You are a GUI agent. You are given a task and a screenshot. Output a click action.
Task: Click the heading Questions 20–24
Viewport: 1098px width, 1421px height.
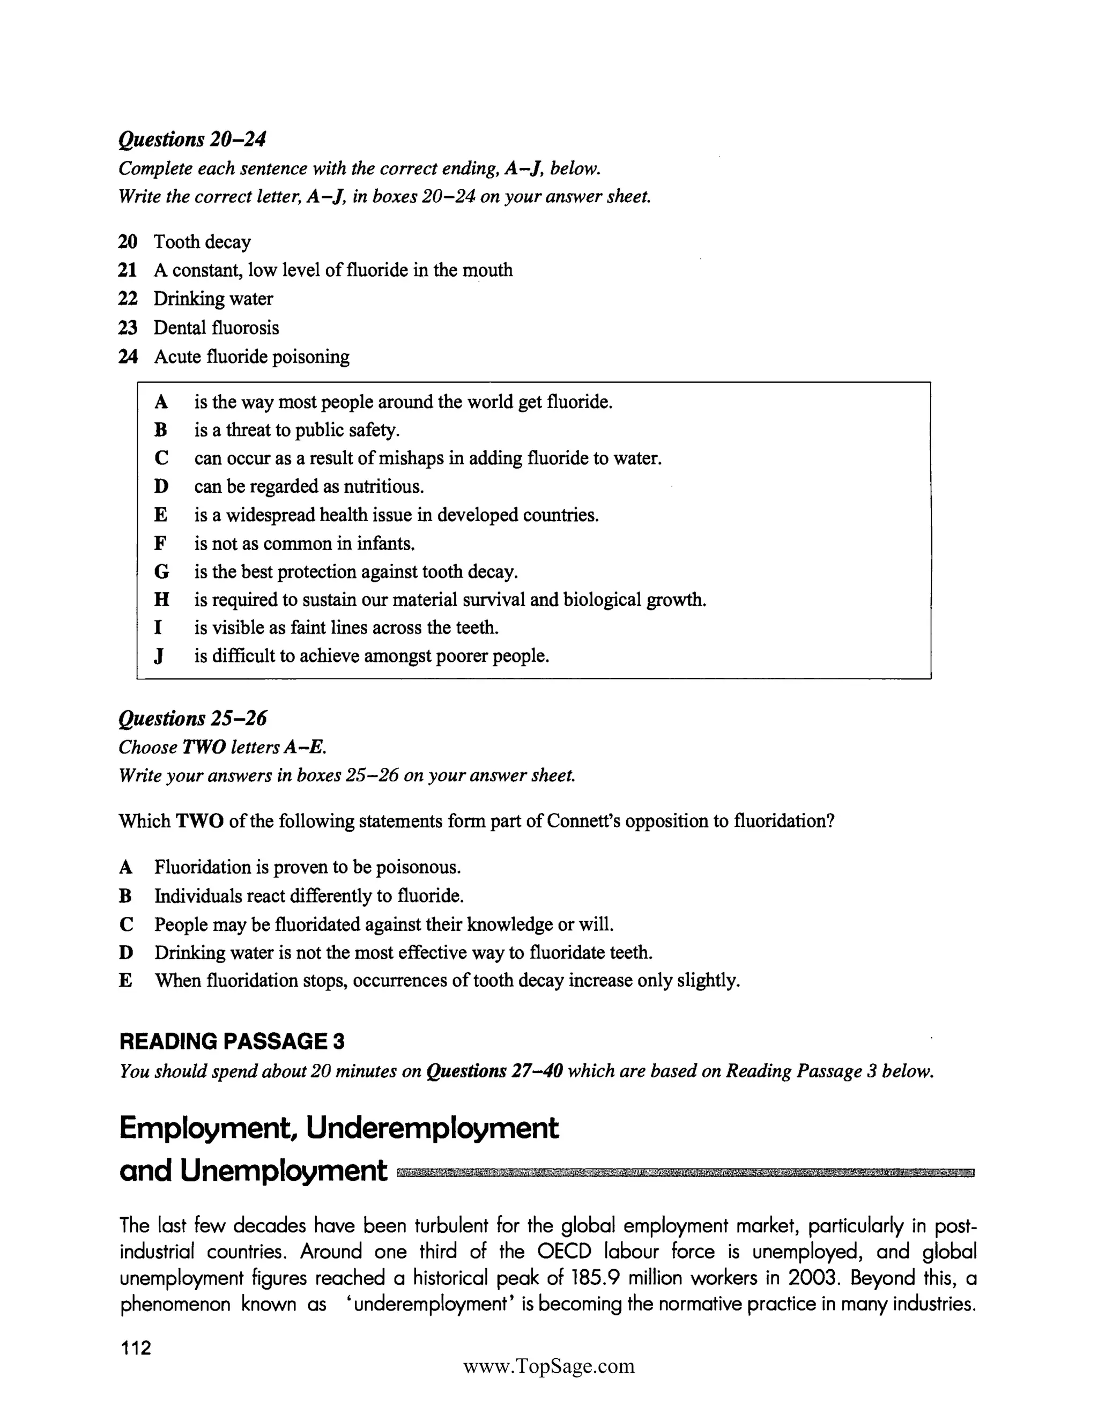pyautogui.click(x=192, y=139)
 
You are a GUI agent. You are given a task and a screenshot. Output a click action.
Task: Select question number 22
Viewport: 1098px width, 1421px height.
pyautogui.click(x=128, y=299)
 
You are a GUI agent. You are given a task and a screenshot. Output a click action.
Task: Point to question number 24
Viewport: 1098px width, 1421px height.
pyautogui.click(x=128, y=357)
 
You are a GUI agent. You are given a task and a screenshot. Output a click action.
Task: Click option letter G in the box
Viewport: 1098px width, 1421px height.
pyautogui.click(x=161, y=572)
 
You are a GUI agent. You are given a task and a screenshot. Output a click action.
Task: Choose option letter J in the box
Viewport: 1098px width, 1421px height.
pyautogui.click(x=159, y=656)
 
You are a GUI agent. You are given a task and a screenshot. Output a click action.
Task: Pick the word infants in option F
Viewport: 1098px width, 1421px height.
pyautogui.click(x=385, y=543)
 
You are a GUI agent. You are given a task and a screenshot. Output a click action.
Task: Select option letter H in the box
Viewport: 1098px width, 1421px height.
pyautogui.click(x=161, y=600)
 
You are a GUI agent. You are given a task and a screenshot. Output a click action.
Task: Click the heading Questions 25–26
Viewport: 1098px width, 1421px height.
pyautogui.click(x=192, y=719)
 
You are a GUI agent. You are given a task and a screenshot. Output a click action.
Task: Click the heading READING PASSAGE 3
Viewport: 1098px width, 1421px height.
pyautogui.click(x=232, y=1042)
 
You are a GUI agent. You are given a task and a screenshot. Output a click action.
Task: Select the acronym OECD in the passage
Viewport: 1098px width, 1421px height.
pyautogui.click(x=564, y=1252)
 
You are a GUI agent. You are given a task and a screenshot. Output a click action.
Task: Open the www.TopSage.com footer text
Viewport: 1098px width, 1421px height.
pyautogui.click(x=548, y=1366)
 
